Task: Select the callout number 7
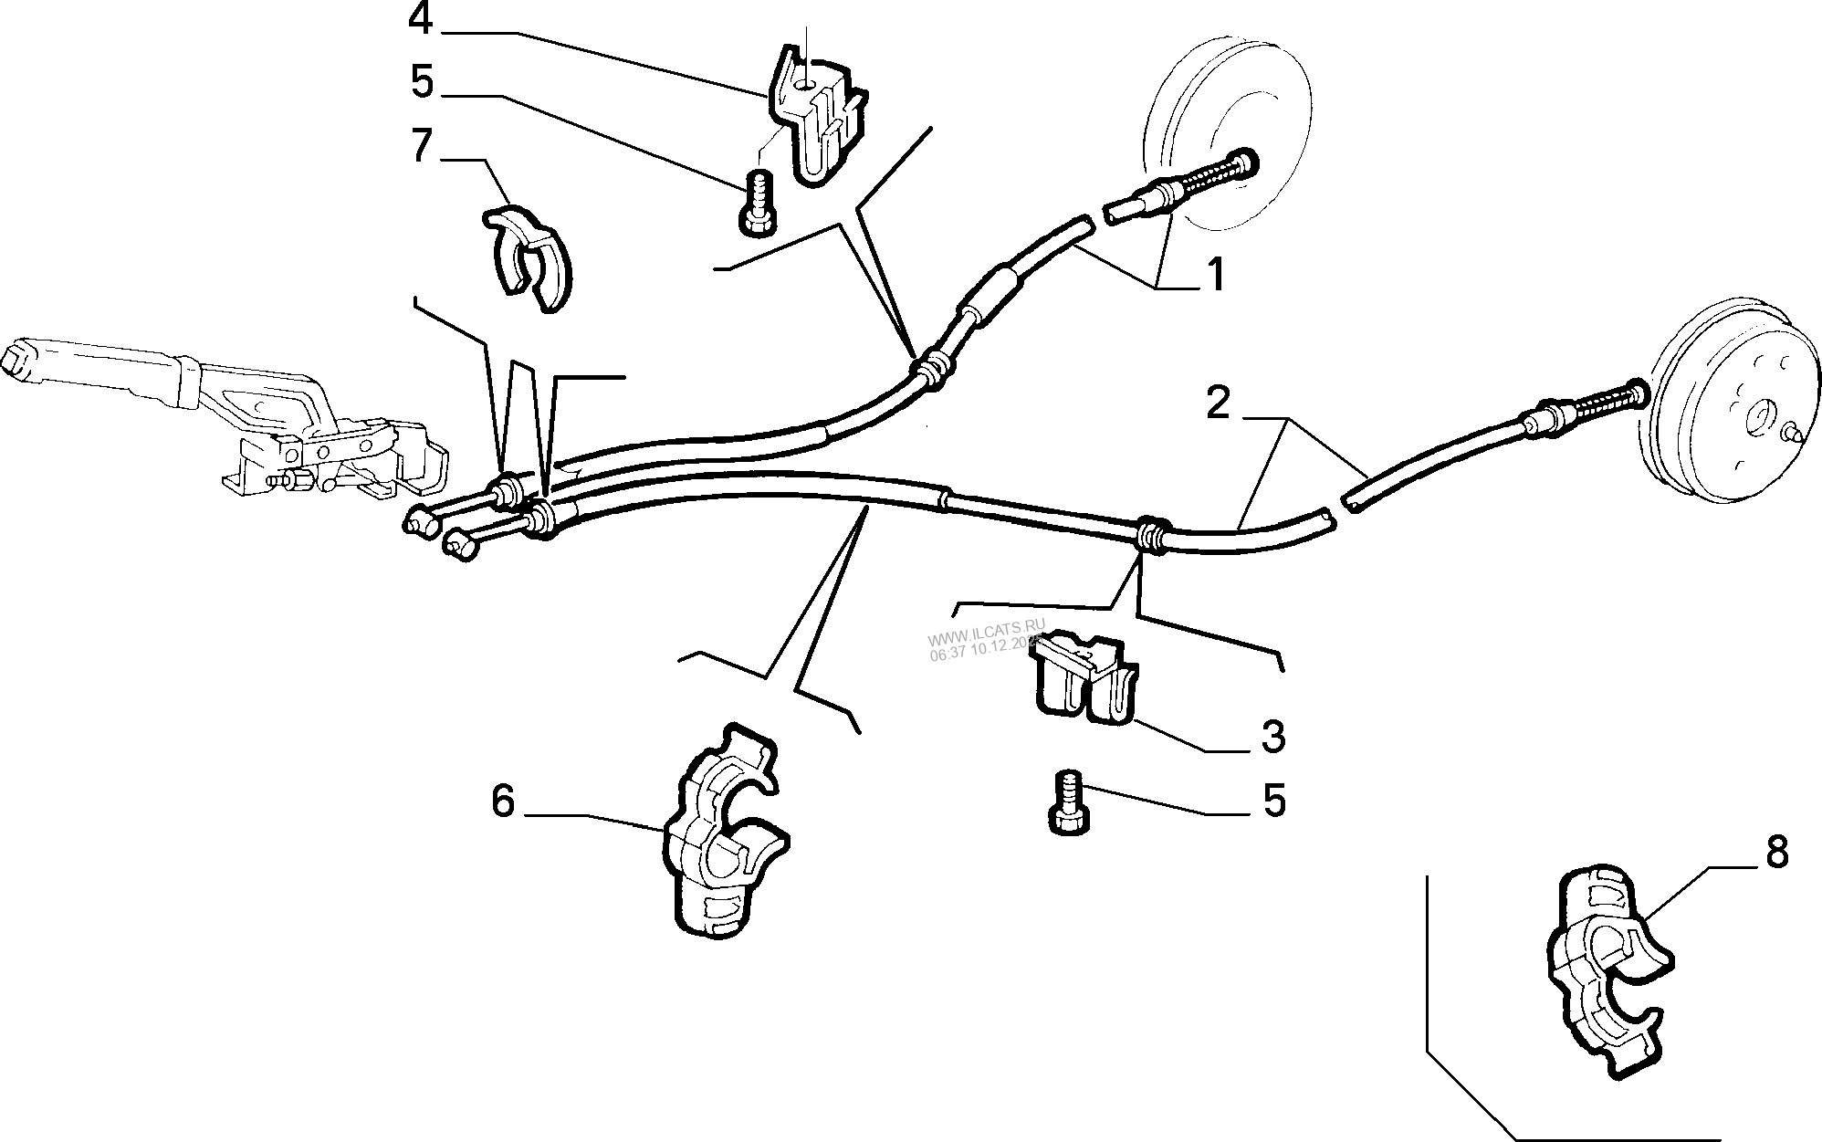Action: pos(420,146)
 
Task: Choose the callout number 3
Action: pos(1272,737)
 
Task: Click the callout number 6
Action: pos(503,801)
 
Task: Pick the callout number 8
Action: pos(1775,854)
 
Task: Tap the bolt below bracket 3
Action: pos(1066,802)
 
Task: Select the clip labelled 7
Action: pos(527,257)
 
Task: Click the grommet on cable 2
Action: pos(1150,534)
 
